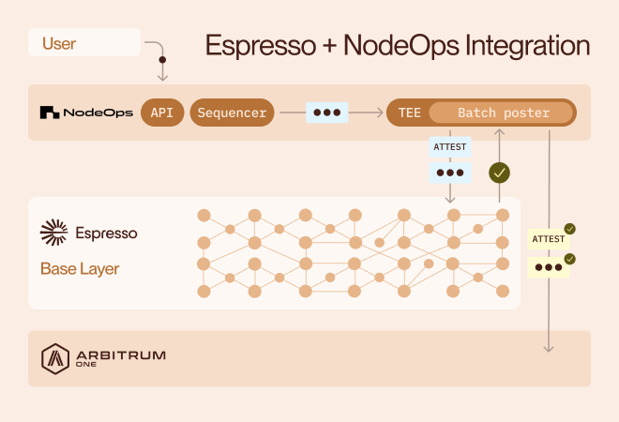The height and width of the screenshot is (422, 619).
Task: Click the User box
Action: (x=84, y=43)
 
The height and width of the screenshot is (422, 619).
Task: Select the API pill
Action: (x=162, y=113)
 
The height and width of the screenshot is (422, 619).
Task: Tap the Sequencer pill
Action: (x=233, y=113)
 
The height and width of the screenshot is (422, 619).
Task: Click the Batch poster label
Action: (x=503, y=113)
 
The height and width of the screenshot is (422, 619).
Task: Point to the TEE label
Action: (x=409, y=113)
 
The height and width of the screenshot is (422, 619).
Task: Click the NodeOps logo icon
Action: (x=51, y=113)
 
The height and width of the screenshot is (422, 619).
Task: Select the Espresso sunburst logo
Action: (x=54, y=232)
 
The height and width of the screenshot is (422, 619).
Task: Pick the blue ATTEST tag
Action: (x=449, y=147)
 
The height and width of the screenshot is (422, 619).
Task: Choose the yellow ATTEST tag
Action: (x=549, y=239)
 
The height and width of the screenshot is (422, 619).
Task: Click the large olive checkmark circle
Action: (x=500, y=173)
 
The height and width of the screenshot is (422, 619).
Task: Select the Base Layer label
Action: (x=80, y=269)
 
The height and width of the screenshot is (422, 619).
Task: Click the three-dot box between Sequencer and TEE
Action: (x=326, y=113)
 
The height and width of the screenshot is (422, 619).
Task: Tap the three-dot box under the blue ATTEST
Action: (x=449, y=173)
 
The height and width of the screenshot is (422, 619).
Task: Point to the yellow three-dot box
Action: (x=550, y=266)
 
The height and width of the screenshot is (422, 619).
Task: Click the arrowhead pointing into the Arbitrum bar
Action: (x=549, y=348)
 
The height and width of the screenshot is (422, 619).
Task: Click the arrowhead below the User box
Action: (x=162, y=77)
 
